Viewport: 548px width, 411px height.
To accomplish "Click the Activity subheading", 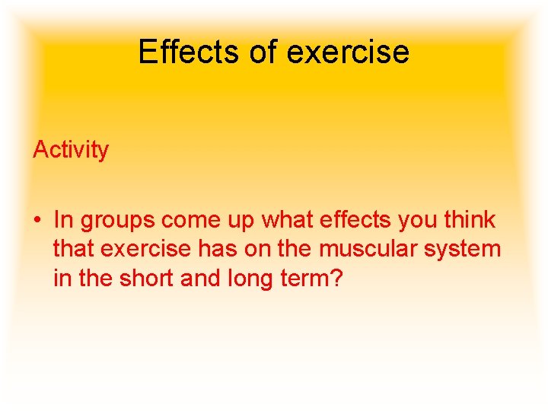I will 71,150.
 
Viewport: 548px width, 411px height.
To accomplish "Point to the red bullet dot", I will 37,221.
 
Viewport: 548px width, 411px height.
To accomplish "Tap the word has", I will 218,250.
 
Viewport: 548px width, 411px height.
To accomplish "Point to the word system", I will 461,250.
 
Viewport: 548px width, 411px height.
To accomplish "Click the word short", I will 148,279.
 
